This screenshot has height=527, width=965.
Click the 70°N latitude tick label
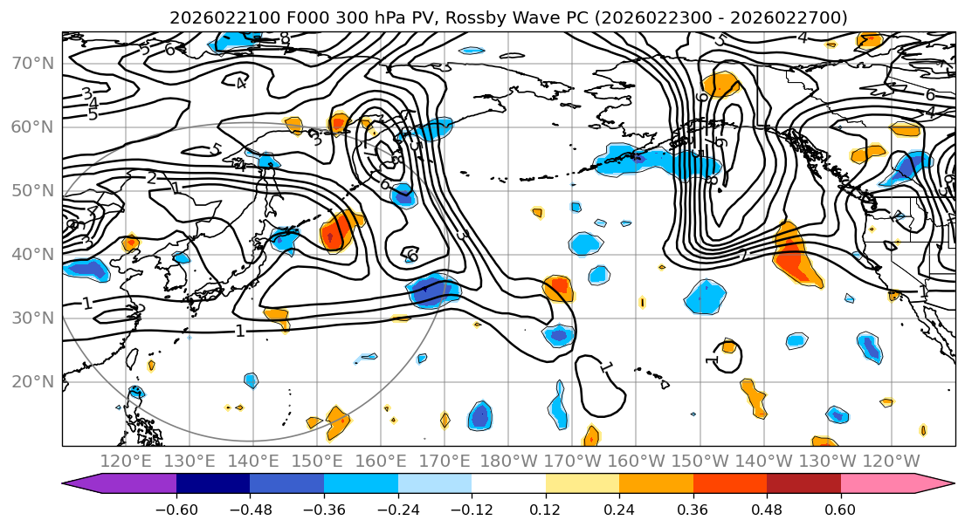tap(31, 63)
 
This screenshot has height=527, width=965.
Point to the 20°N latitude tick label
tap(31, 381)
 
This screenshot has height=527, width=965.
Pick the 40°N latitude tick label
tap(31, 254)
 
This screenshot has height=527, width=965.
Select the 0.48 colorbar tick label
tap(767, 508)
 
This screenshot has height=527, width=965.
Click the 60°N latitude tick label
tap(31, 127)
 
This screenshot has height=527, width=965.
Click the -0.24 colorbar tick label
tap(397, 508)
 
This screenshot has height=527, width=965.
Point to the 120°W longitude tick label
tap(891, 461)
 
